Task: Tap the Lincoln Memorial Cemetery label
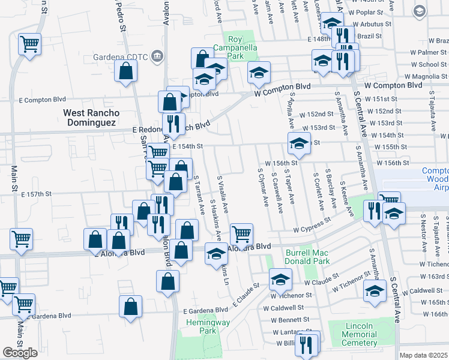click(353, 334)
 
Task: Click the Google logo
click(20, 353)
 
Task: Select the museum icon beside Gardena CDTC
click(157, 56)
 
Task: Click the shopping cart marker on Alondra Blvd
click(241, 233)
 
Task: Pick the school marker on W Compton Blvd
click(259, 73)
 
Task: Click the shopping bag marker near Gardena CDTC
click(126, 70)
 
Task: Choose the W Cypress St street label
click(312, 226)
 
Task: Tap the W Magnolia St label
click(425, 76)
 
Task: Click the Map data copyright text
click(424, 355)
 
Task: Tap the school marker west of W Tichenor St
click(280, 280)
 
